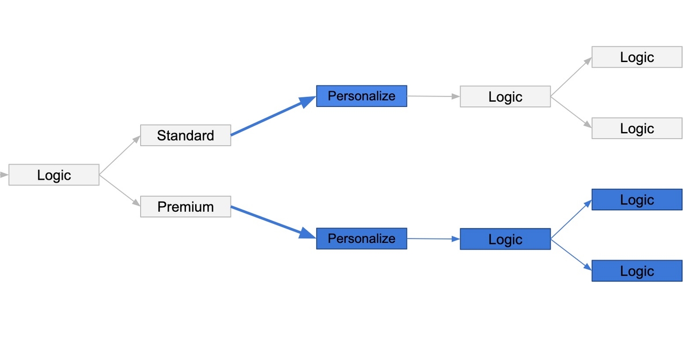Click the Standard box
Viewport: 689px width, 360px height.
click(x=185, y=136)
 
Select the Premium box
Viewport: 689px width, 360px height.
click(x=185, y=207)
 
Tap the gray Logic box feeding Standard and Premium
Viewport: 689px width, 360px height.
click(x=54, y=175)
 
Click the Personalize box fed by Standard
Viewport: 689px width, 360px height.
click(x=361, y=96)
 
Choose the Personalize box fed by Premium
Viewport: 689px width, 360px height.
click(x=361, y=238)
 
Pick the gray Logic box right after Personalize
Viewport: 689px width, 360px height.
click(x=505, y=96)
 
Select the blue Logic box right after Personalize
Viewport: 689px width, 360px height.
click(x=505, y=239)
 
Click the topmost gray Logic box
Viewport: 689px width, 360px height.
click(x=637, y=57)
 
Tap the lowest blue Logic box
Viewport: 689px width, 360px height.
click(x=637, y=271)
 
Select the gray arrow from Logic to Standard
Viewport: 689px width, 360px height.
click(x=119, y=155)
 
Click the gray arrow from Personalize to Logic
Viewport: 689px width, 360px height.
click(x=433, y=96)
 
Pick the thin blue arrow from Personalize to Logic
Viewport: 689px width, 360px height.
click(x=433, y=239)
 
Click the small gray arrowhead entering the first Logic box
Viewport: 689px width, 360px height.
click(x=5, y=175)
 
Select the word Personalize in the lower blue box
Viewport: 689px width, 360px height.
click(x=361, y=238)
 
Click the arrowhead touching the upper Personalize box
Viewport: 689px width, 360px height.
click(x=309, y=100)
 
